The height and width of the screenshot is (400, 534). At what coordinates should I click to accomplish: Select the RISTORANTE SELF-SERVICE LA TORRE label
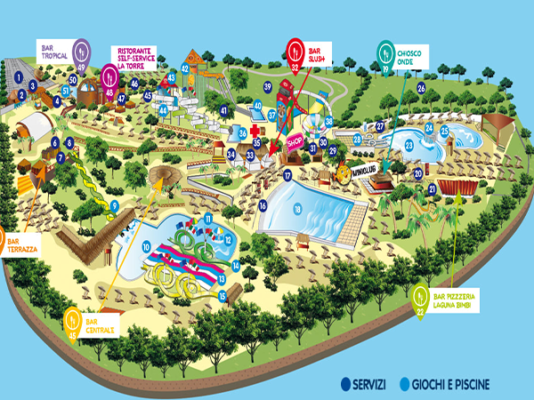coord(138,58)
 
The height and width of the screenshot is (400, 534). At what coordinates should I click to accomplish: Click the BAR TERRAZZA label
coord(20,244)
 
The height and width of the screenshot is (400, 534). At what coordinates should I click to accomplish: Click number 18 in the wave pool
coord(297,210)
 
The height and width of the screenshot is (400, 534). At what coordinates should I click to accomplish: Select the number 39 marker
coord(267,86)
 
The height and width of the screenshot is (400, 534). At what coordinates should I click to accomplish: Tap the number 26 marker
coord(421,88)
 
